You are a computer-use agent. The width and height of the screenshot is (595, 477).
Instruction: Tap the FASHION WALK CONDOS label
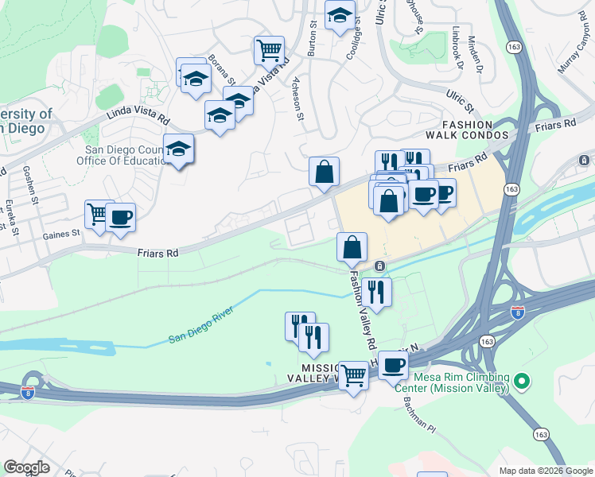[475, 130]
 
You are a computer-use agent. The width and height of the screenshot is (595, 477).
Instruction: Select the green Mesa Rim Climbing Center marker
[522, 382]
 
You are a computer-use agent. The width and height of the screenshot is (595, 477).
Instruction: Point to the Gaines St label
[64, 234]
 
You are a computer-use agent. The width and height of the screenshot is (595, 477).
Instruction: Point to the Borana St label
[222, 70]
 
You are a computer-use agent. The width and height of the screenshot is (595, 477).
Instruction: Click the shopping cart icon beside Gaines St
[99, 214]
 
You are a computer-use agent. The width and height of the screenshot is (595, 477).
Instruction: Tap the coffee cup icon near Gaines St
[120, 218]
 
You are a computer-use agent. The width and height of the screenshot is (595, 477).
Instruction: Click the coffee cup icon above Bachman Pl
[393, 366]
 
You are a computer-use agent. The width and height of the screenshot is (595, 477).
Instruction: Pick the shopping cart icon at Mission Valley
[353, 375]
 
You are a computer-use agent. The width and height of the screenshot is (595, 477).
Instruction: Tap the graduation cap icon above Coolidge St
[340, 15]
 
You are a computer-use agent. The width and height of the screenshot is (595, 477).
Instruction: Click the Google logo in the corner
[26, 467]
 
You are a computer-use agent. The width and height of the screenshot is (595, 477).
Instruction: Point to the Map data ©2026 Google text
[545, 471]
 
